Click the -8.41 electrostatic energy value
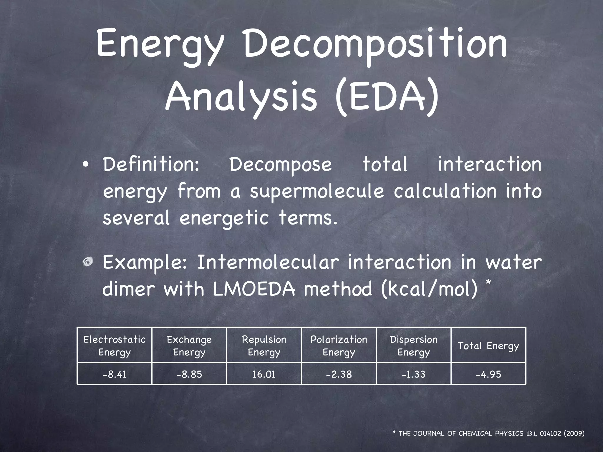click(115, 374)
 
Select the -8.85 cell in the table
click(189, 374)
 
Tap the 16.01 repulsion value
click(264, 374)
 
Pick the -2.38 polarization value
click(339, 374)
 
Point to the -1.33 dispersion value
click(414, 374)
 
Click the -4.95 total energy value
click(488, 374)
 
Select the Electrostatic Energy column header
click(115, 346)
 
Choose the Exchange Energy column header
click(189, 346)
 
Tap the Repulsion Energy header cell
click(264, 346)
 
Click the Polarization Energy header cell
click(339, 346)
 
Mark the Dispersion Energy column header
click(414, 346)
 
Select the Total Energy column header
click(488, 346)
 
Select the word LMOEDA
click(254, 289)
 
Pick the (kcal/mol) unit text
click(429, 289)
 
